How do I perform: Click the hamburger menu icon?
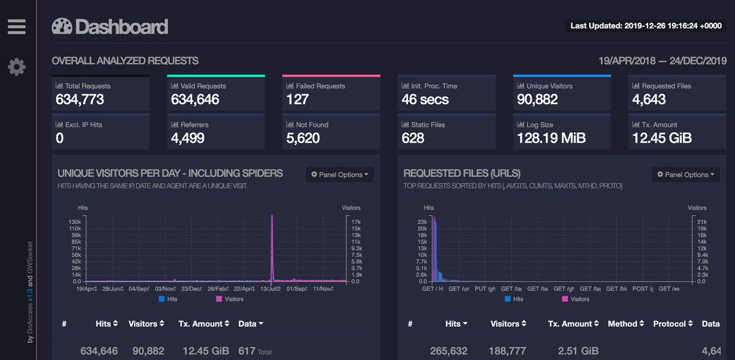(x=17, y=26)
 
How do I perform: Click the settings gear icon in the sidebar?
(x=17, y=67)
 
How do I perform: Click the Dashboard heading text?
(x=121, y=27)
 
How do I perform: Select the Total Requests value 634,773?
(x=80, y=99)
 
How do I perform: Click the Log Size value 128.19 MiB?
(x=551, y=138)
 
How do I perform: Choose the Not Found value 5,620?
(x=303, y=138)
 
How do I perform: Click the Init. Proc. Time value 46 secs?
(x=425, y=99)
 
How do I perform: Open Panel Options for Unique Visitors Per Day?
(x=339, y=174)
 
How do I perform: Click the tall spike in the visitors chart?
(x=271, y=245)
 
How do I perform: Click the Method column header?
(x=625, y=323)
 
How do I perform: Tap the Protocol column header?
(x=673, y=323)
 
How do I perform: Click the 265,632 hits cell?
(x=448, y=351)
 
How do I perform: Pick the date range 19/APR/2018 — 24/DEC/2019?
(x=662, y=61)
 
